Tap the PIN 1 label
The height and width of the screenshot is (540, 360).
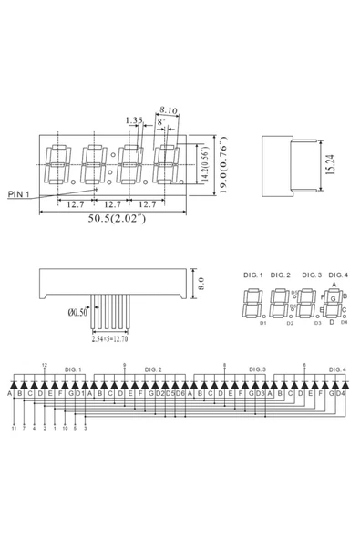[20, 194]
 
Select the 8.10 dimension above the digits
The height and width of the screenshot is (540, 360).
[167, 108]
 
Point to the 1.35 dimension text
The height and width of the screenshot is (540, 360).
[133, 119]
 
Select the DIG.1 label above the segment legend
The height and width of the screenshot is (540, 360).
[252, 275]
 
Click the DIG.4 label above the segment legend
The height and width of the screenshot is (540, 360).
[338, 275]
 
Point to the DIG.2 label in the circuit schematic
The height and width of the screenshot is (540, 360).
[153, 369]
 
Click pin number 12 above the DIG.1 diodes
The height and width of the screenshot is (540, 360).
[44, 364]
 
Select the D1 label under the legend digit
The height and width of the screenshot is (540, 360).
[262, 322]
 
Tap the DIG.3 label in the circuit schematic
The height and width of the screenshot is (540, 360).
[257, 369]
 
